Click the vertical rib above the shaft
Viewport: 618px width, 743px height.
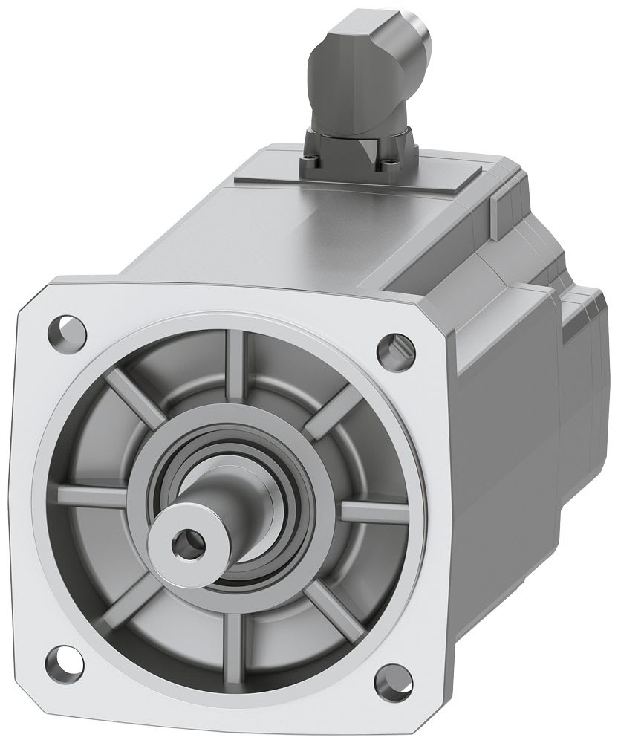point(236,364)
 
